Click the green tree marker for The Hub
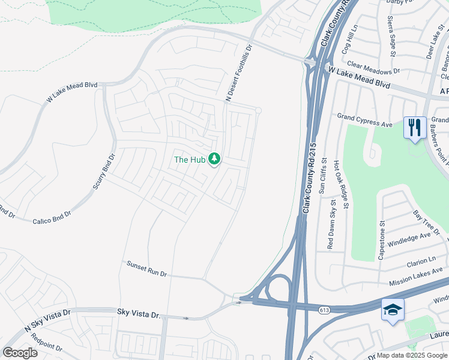215,159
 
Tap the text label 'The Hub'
190,160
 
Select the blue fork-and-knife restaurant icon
415,128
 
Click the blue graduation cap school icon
392,310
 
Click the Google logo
20,353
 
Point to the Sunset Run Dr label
146,268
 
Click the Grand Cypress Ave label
364,120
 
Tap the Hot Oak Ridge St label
346,180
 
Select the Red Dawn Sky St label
331,224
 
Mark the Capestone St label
381,239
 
